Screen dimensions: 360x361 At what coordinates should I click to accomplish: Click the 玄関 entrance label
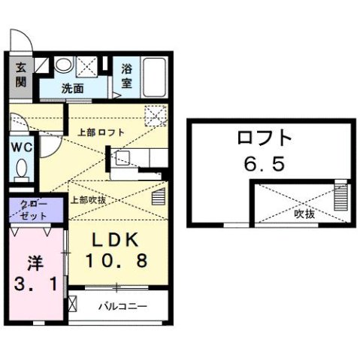click(x=21, y=74)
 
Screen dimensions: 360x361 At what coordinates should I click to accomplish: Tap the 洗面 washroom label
click(x=72, y=88)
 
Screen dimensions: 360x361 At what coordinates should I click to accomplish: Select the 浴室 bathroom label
click(x=127, y=76)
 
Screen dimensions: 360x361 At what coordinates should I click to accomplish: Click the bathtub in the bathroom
click(x=154, y=77)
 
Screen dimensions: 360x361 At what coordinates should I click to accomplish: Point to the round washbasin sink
click(x=64, y=65)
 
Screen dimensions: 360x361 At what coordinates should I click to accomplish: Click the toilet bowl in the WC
click(x=22, y=168)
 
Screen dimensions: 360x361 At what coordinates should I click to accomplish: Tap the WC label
click(x=22, y=147)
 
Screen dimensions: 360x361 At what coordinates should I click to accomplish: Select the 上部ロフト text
click(x=101, y=132)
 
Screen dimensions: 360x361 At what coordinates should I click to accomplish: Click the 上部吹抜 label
click(x=88, y=200)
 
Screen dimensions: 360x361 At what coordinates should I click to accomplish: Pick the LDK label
click(x=116, y=240)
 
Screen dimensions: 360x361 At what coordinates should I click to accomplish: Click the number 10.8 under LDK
click(x=116, y=260)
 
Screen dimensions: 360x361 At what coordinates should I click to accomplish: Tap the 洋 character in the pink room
click(x=35, y=263)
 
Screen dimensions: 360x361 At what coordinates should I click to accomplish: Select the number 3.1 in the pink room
click(x=35, y=284)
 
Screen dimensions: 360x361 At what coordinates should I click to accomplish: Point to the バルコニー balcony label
click(x=123, y=306)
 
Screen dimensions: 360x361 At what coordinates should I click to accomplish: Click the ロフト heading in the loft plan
click(x=265, y=138)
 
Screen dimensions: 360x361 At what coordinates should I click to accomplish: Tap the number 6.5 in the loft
click(x=265, y=163)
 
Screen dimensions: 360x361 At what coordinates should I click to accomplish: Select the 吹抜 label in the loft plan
click(x=304, y=214)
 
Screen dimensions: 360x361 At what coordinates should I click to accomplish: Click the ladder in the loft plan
click(x=341, y=195)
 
